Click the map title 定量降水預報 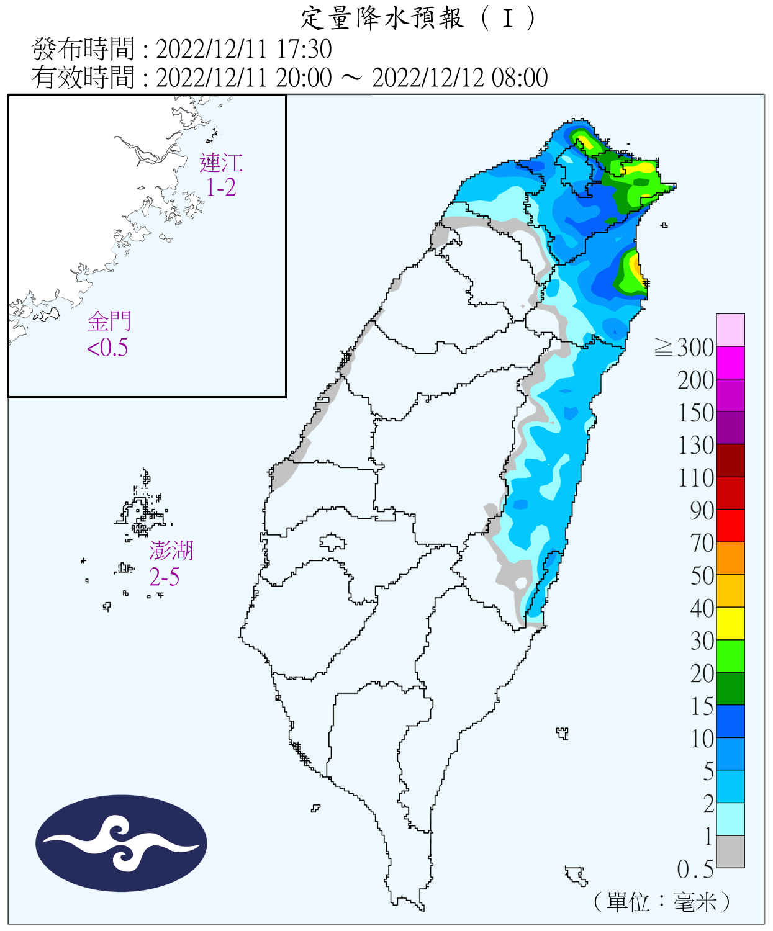pos(382,18)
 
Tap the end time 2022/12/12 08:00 pos(459,78)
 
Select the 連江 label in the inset pos(221,163)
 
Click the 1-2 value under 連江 pos(221,187)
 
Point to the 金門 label pos(109,322)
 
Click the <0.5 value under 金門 pos(107,348)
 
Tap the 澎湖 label pos(171,551)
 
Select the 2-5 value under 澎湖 pos(165,577)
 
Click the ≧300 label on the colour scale pos(684,348)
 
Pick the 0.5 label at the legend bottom pos(695,870)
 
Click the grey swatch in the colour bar pos(730,852)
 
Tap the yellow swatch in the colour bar pos(730,623)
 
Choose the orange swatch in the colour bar pos(730,558)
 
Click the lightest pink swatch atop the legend pos(730,330)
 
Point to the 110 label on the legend pos(696,478)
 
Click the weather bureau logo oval pos(121,843)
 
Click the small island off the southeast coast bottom pos(576,875)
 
